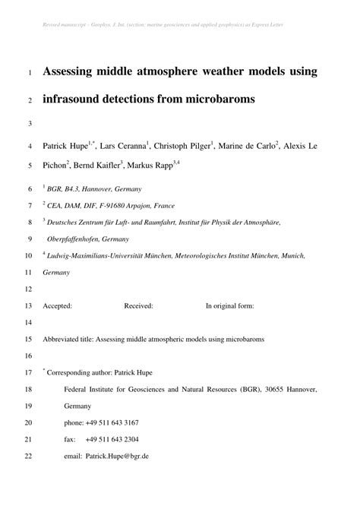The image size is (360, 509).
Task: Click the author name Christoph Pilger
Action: coord(185,144)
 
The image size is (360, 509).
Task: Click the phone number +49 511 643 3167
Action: coord(112,422)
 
